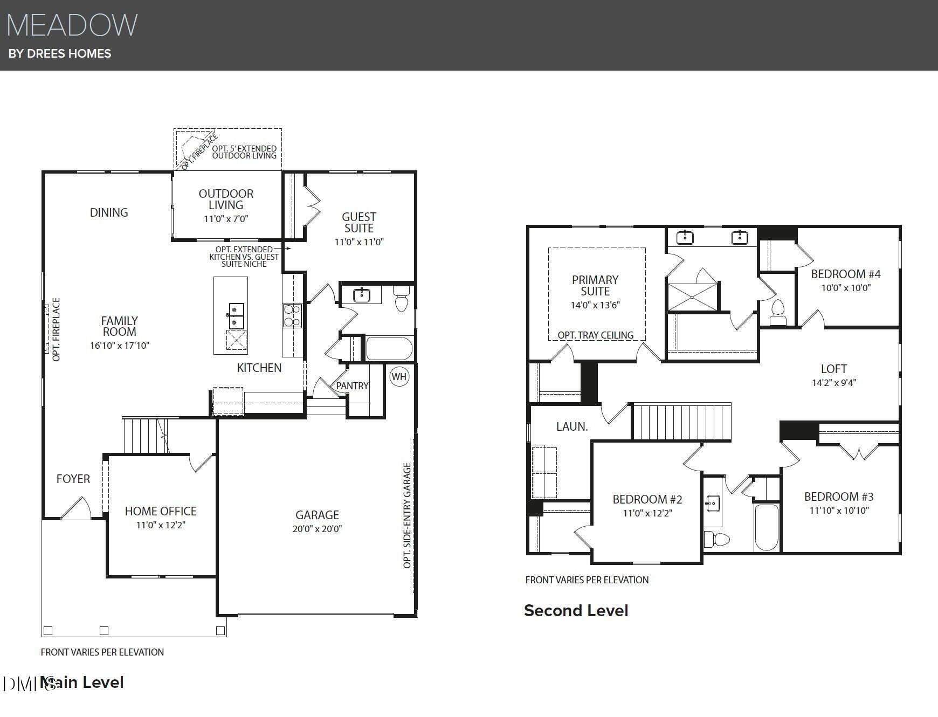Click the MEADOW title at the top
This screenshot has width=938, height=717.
coord(72,25)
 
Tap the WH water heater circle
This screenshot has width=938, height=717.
coord(399,376)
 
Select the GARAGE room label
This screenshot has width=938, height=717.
coord(317,515)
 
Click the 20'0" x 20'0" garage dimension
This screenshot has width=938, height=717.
coord(317,529)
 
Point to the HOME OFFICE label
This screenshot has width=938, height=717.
coord(161,511)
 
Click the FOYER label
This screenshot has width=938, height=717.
coord(73,479)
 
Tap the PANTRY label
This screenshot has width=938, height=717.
coord(352,386)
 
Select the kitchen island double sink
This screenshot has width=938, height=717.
coord(236,315)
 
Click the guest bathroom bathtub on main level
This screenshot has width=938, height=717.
coord(390,348)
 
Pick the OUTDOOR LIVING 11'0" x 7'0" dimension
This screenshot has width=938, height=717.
coord(226,219)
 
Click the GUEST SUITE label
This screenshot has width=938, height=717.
coord(359,222)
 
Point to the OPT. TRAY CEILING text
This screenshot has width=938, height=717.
coord(596,335)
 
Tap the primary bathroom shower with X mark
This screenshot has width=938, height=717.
coord(693,297)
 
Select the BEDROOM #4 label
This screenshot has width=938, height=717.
coord(846,274)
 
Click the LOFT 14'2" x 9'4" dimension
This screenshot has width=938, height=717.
coord(834,383)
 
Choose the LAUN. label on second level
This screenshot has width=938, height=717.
coord(572,426)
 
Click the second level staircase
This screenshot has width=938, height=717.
coord(681,422)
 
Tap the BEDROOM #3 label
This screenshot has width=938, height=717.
coord(839,497)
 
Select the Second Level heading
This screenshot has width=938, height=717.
coord(576,610)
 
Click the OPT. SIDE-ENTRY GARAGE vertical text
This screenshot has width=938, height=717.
coord(408,515)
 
